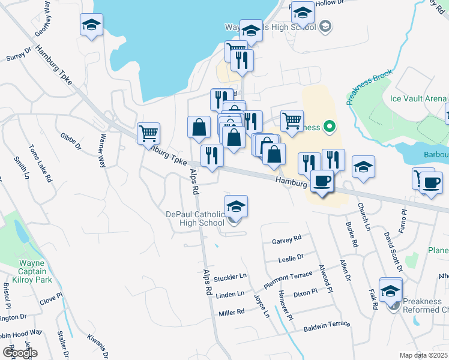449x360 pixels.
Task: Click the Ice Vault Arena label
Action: [x=418, y=98]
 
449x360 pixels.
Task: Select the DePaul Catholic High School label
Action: [x=195, y=219]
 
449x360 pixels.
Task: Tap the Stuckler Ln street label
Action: [x=231, y=277]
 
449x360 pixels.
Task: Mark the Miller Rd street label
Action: [x=231, y=313]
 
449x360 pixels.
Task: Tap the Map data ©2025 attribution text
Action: [x=424, y=355]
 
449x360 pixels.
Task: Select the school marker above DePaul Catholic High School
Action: [x=237, y=206]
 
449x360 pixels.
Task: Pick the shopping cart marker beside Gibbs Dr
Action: [x=148, y=133]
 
